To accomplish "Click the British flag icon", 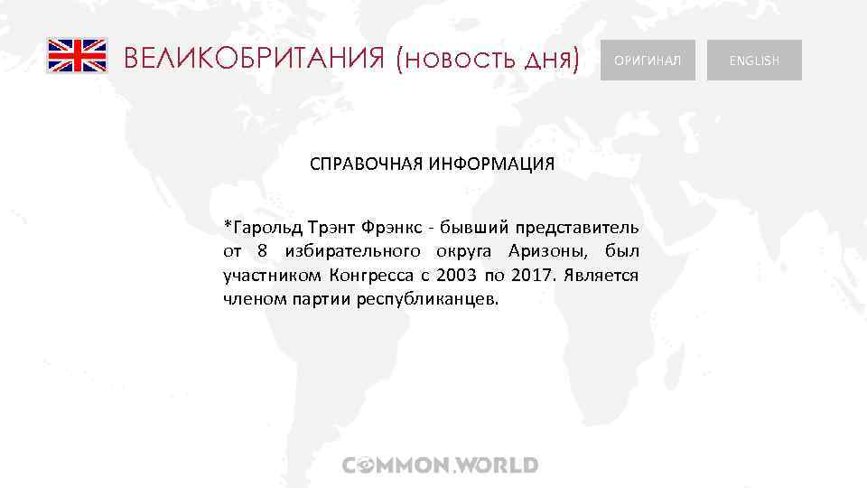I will [x=77, y=55].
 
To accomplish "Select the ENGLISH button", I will [x=754, y=61].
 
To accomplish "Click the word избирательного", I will [x=351, y=249].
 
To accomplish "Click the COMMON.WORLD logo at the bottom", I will [x=441, y=465].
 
